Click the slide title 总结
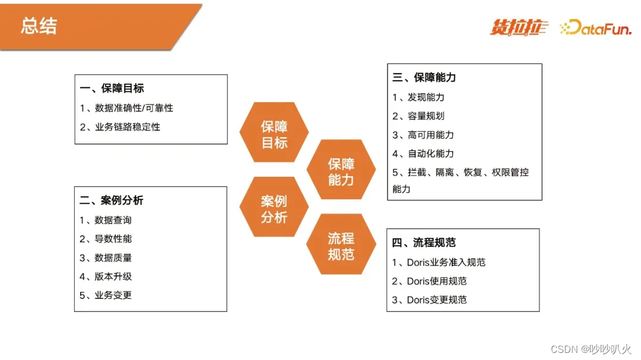(39, 26)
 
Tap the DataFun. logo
(595, 27)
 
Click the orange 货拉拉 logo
(519, 27)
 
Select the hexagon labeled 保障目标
(274, 135)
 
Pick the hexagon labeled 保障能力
(341, 172)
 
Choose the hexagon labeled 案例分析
(274, 209)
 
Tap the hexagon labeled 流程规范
(341, 246)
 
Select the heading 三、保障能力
(424, 77)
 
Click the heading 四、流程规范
(424, 243)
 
